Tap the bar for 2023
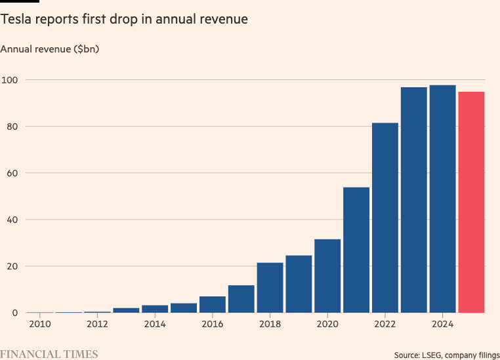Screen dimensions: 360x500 pyautogui.click(x=414, y=200)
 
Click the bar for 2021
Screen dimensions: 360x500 pyautogui.click(x=356, y=250)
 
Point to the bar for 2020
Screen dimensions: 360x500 pyautogui.click(x=327, y=276)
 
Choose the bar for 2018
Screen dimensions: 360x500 pyautogui.click(x=270, y=288)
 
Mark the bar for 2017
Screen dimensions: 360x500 pyautogui.click(x=241, y=299)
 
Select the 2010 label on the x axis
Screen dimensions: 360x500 pyautogui.click(x=39, y=324)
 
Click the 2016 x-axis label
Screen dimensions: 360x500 pyautogui.click(x=213, y=324)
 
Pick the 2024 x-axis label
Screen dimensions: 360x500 pyautogui.click(x=443, y=324)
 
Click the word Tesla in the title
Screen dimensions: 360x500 pyautogui.click(x=17, y=20)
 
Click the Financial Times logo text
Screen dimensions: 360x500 pyautogui.click(x=49, y=354)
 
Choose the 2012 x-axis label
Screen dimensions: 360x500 pyautogui.click(x=97, y=324)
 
